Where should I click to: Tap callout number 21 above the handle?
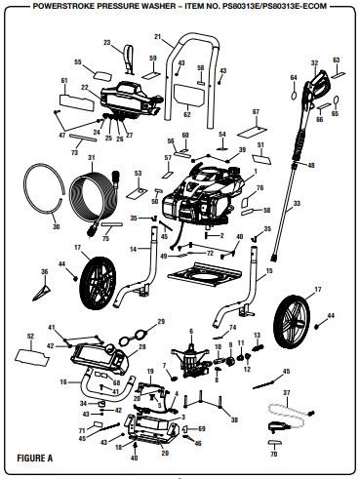158,36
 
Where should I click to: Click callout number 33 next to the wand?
325,203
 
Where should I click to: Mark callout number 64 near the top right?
293,77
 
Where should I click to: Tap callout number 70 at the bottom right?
273,455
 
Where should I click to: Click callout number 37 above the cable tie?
286,391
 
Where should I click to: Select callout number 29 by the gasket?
161,322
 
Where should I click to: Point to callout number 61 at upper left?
64,81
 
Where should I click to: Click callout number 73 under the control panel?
75,153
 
